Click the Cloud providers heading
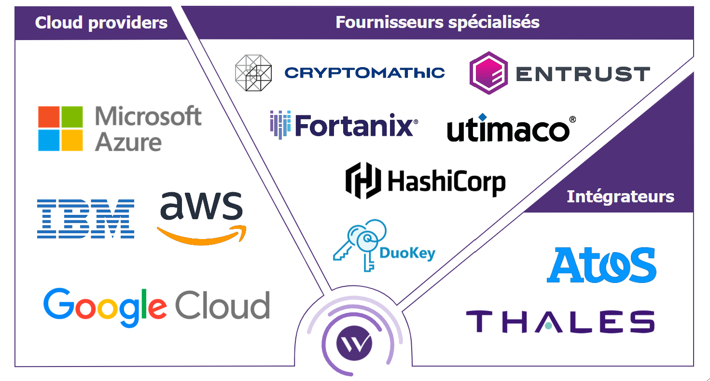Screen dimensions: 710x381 101,23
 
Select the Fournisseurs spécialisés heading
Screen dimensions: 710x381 437,23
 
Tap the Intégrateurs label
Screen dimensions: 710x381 620,197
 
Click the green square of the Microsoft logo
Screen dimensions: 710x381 72,117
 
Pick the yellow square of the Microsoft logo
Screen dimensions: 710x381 72,140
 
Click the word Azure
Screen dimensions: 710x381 128,142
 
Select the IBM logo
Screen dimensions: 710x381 85,219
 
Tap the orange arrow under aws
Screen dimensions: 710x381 202,236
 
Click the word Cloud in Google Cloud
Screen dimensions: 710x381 223,305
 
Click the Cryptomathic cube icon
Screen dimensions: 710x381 253,73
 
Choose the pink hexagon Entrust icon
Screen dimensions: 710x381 488,73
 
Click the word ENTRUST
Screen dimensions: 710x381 583,74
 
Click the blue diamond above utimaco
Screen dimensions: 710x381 482,117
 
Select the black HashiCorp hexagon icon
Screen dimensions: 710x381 363,181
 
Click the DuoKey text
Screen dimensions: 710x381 407,253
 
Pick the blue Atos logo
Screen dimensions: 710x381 601,265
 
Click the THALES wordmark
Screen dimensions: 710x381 560,321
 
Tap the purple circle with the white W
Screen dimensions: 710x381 354,343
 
